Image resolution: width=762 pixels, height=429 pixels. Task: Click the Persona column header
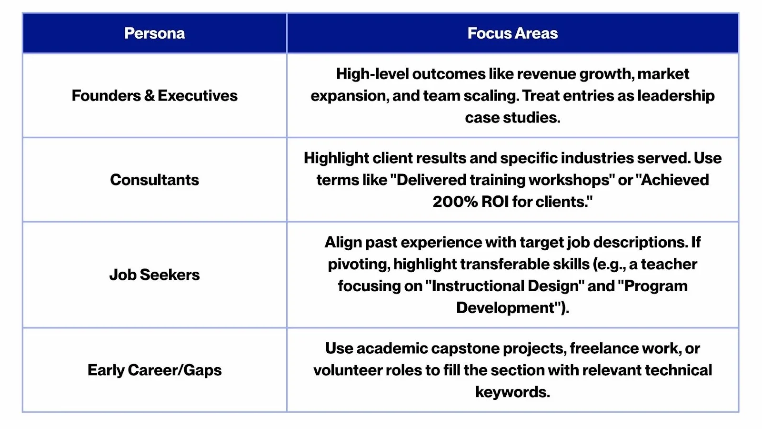[154, 33]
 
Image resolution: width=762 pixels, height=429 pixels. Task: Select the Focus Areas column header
[512, 33]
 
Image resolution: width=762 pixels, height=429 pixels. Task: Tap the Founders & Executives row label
[154, 96]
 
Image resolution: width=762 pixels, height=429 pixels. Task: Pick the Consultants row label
[154, 180]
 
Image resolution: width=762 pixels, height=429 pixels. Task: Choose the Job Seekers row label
[154, 275]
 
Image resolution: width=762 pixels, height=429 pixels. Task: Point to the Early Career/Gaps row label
[154, 370]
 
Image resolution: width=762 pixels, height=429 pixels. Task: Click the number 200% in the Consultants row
[455, 202]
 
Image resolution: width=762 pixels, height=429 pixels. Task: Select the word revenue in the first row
[532, 74]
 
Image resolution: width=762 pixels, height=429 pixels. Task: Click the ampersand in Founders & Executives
[149, 96]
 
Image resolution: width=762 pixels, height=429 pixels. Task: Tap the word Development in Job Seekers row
[505, 308]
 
